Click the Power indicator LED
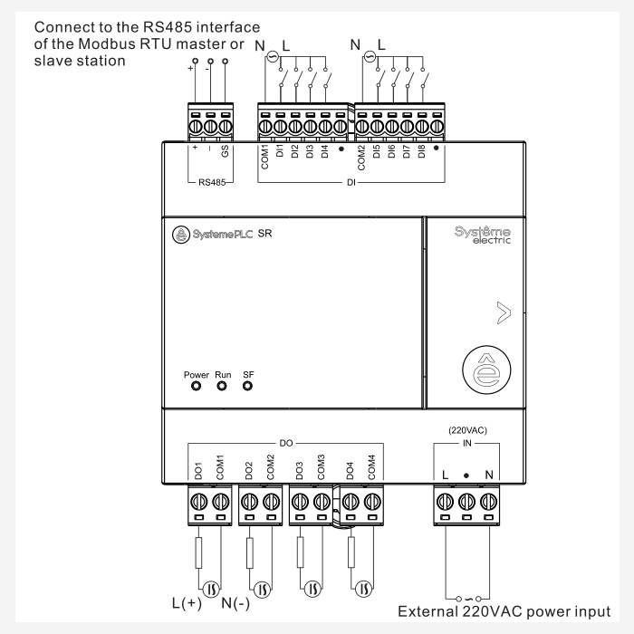coord(197,384)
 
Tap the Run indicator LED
coord(222,384)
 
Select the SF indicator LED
coord(247,384)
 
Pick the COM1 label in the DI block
coord(265,149)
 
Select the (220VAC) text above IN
coord(466,431)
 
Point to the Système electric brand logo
coord(483,235)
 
